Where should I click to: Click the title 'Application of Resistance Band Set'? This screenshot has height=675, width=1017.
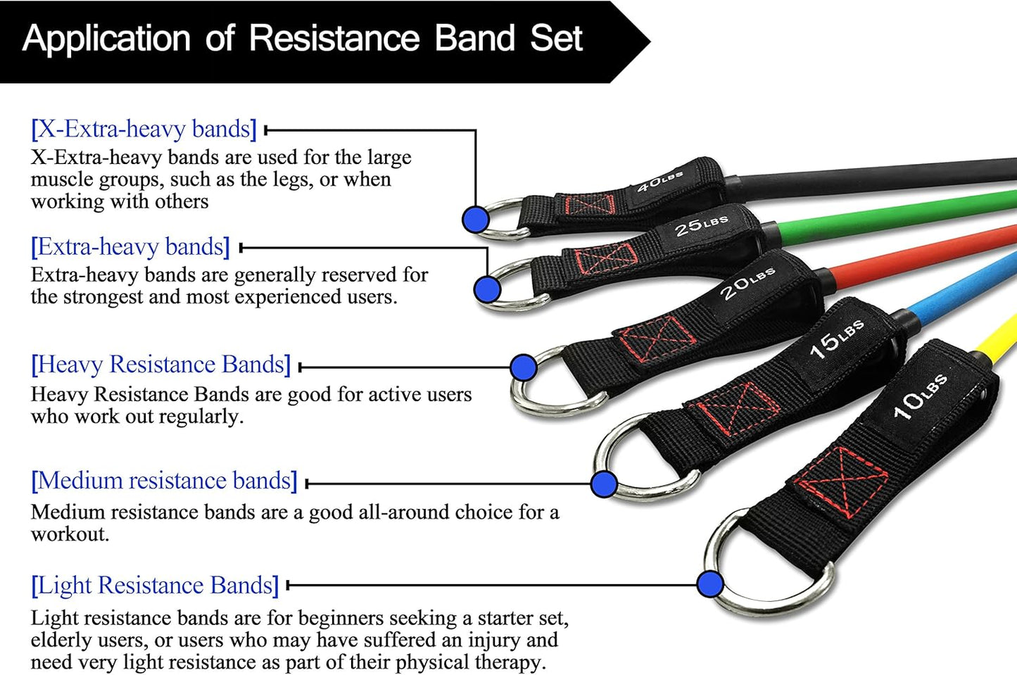[x=303, y=39]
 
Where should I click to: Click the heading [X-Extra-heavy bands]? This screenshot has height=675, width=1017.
[x=144, y=129]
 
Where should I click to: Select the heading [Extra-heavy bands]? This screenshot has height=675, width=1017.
[x=130, y=247]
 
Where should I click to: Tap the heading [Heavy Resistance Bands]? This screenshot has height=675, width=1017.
[x=160, y=365]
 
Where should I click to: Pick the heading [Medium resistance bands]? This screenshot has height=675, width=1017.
[x=164, y=481]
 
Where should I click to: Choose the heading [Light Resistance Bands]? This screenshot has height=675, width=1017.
[x=155, y=586]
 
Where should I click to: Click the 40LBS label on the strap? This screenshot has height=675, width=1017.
[x=659, y=183]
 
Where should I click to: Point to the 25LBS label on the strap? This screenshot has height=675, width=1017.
[x=701, y=226]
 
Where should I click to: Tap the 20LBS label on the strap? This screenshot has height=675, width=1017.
[x=747, y=283]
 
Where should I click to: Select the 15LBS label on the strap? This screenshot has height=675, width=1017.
[x=836, y=339]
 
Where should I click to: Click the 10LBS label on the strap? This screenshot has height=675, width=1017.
[x=919, y=396]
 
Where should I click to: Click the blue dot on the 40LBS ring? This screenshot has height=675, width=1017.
[x=476, y=219]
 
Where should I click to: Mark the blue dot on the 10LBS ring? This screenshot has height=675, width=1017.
[x=710, y=583]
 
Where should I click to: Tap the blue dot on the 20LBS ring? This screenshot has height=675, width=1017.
[x=523, y=367]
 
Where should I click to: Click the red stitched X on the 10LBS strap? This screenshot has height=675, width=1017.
[x=841, y=482]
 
